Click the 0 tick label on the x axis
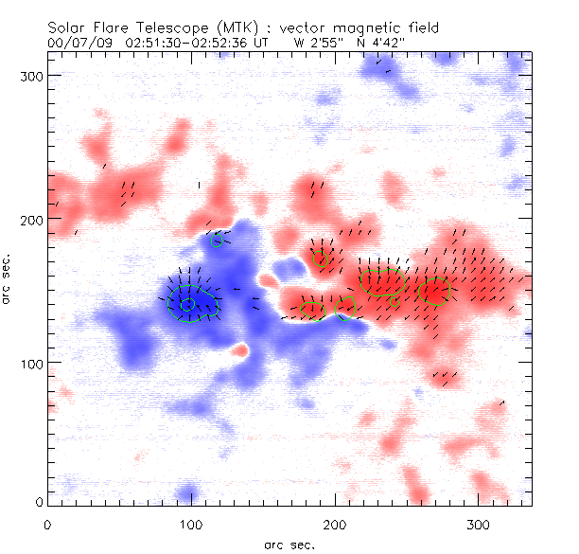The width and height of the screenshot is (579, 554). click(x=46, y=523)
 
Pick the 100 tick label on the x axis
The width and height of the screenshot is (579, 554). click(x=190, y=523)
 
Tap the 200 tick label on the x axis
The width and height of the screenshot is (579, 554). click(x=334, y=523)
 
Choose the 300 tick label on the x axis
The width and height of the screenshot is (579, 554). click(x=478, y=523)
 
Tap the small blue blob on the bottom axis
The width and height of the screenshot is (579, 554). click(x=189, y=493)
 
